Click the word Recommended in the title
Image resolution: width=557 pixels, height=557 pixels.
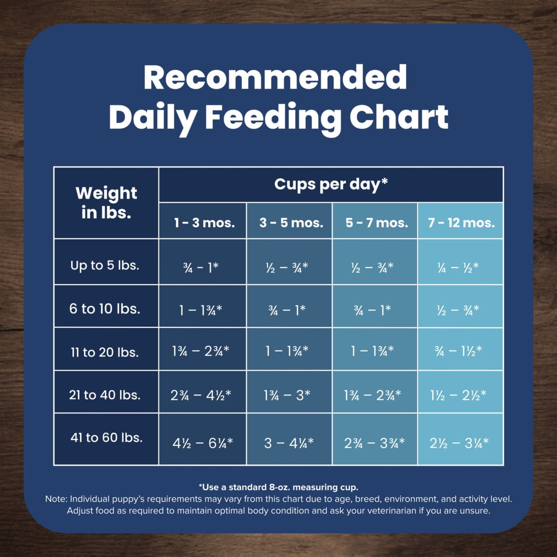point(275,77)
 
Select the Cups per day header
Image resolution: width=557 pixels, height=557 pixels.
point(331,184)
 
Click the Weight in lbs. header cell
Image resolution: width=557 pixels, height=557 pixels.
point(106,202)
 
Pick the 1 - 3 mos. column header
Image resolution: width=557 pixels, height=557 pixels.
point(204,223)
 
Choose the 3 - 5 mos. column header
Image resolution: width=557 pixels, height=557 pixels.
point(289,223)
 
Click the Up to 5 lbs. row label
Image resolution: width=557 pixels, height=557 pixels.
point(105,266)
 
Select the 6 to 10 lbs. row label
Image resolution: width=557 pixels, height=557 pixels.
point(105,309)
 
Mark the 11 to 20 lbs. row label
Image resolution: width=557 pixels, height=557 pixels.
point(105,352)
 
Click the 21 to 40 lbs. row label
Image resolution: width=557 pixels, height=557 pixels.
point(105,395)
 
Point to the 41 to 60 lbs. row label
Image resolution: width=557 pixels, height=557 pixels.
point(106,438)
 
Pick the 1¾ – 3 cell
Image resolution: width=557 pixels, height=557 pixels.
point(287,396)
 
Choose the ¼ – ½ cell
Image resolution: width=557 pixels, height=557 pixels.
point(457,267)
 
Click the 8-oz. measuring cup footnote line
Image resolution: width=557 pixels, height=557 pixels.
point(278,487)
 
